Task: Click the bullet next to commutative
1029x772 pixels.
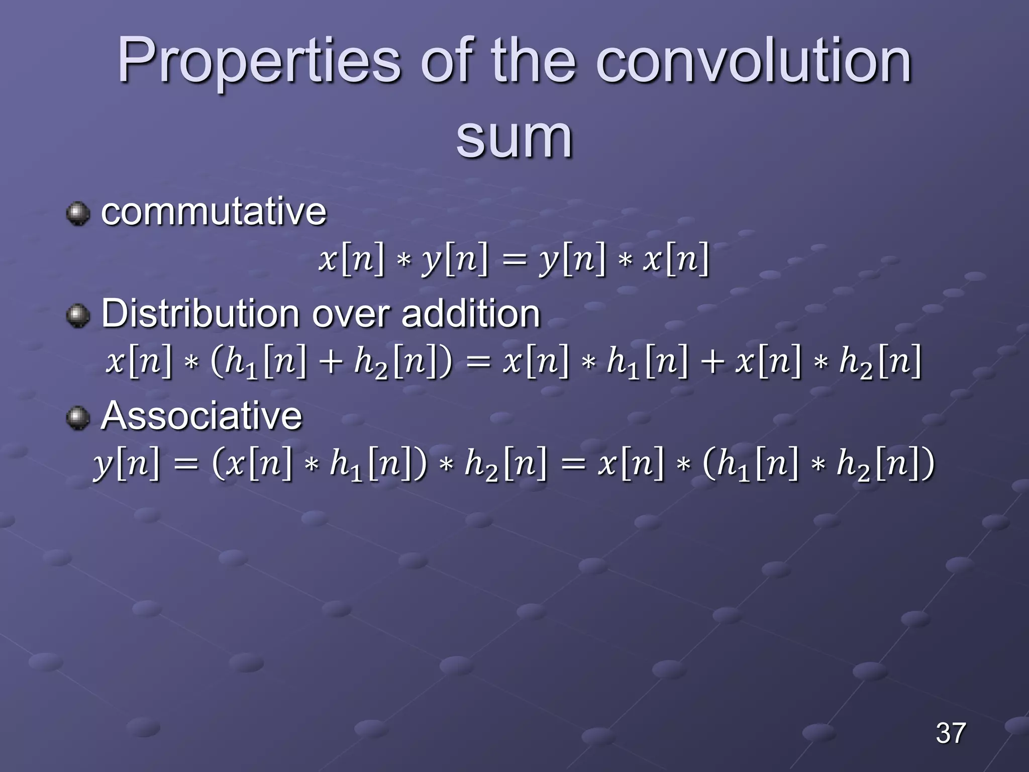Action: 78,214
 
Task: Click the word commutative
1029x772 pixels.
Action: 214,212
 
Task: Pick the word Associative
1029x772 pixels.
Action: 201,416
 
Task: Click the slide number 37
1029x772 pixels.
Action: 951,733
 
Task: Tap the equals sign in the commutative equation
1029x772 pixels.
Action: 513,260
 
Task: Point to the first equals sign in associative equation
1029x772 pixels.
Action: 186,464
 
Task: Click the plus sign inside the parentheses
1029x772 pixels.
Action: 330,362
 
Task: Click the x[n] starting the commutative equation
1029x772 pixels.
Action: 351,259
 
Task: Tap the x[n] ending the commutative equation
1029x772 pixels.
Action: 676,259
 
